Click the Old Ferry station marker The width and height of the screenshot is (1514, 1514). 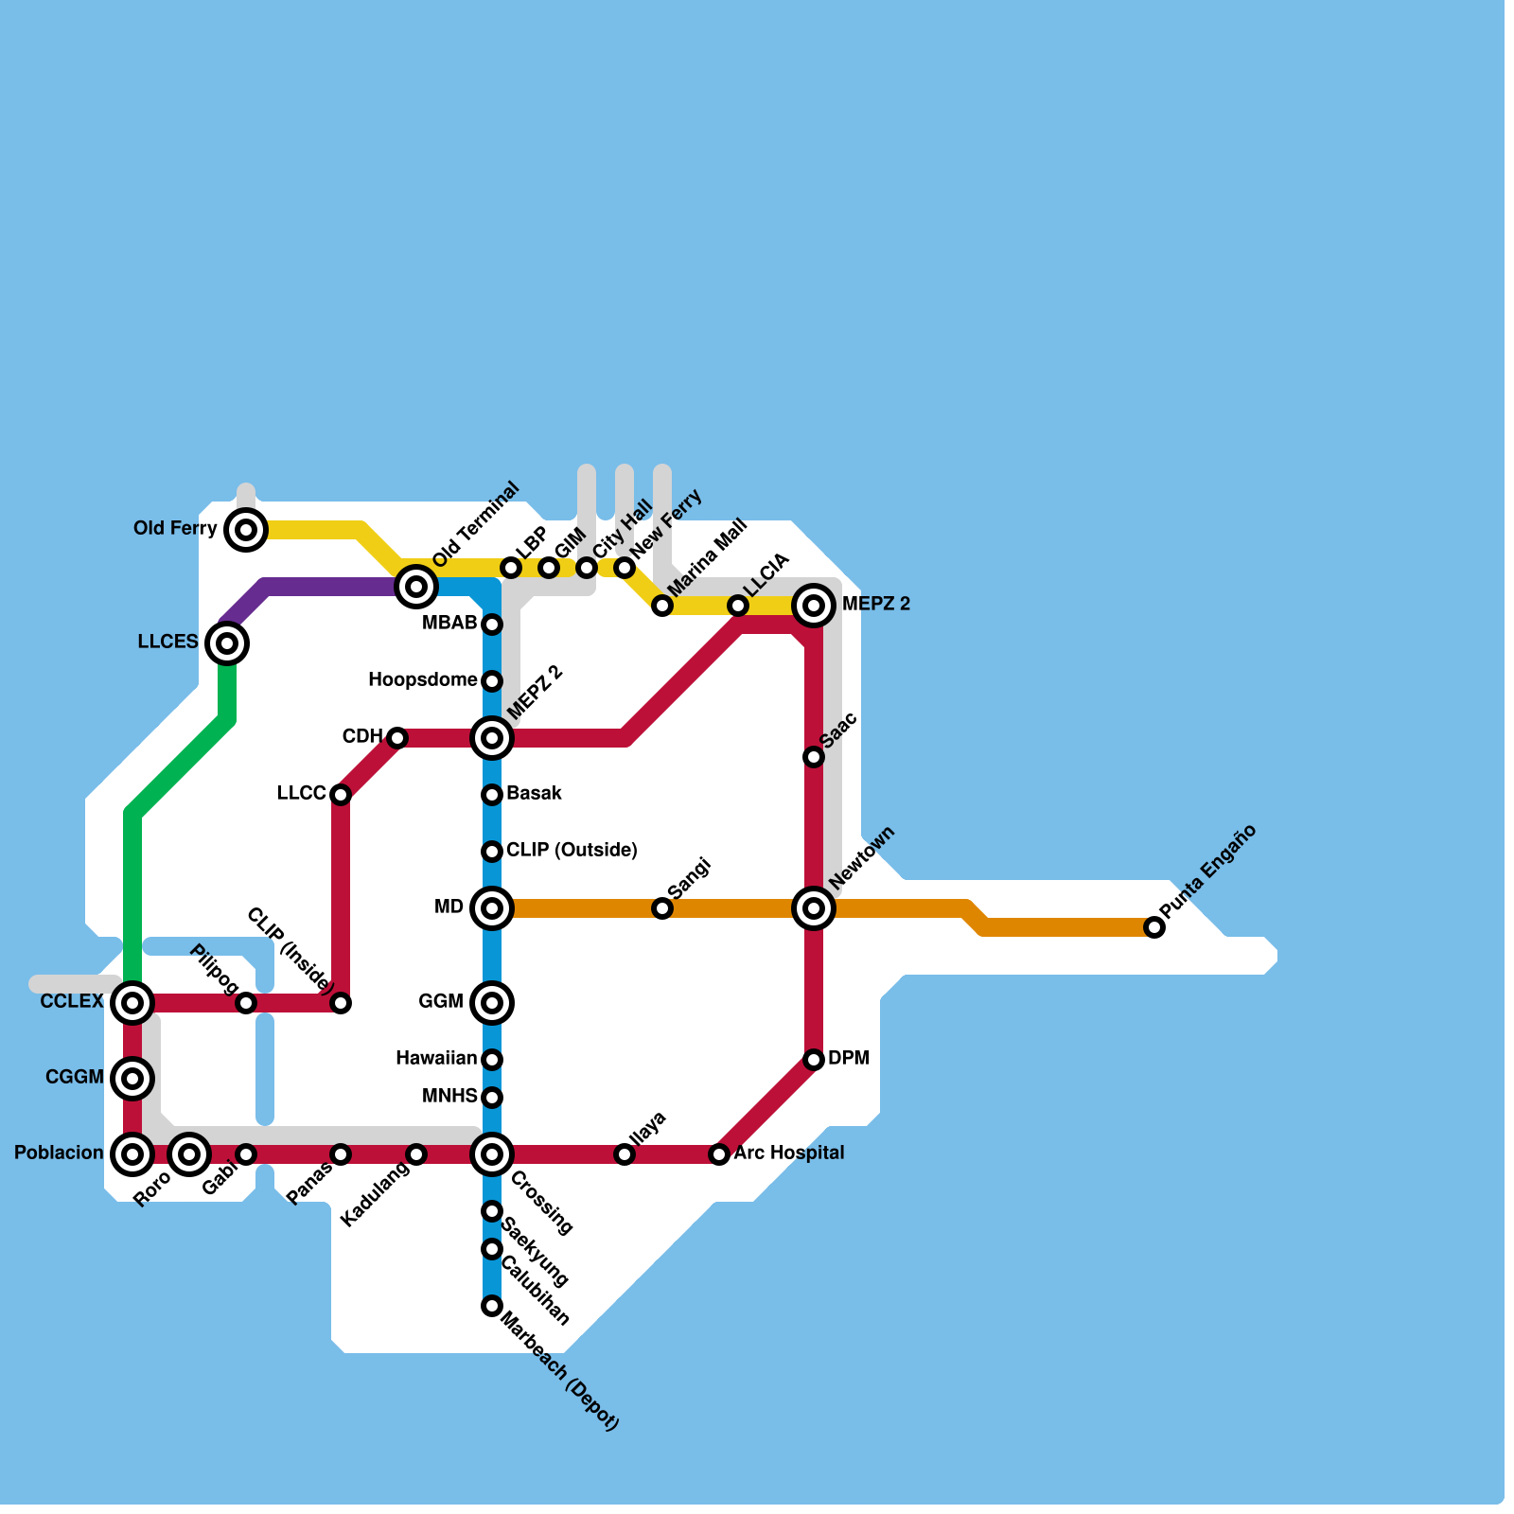coord(246,530)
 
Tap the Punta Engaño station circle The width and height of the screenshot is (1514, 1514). coord(1154,927)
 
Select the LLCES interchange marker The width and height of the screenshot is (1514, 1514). coord(227,643)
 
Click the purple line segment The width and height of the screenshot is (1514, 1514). coord(322,587)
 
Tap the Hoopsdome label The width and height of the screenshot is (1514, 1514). coord(422,680)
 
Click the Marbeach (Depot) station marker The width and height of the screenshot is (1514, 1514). coord(492,1306)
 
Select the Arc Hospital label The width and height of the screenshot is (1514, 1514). coord(788,1153)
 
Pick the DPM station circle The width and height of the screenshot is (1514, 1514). coord(814,1060)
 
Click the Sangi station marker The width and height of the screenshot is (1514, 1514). coord(662,908)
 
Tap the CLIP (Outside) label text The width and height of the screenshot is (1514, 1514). coord(572,851)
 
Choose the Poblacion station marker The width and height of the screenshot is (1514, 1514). coord(132,1154)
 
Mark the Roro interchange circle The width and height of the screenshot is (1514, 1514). coord(189,1154)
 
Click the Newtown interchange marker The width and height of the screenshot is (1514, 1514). coord(814,908)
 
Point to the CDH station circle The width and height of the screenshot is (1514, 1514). coord(397,738)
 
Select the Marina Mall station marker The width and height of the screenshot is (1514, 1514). coord(662,606)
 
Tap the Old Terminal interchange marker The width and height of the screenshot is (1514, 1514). coord(416,587)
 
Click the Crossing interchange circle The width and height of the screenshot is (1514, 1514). coord(492,1154)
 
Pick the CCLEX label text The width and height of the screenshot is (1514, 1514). coord(72,1002)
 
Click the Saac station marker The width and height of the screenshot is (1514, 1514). coord(814,757)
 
